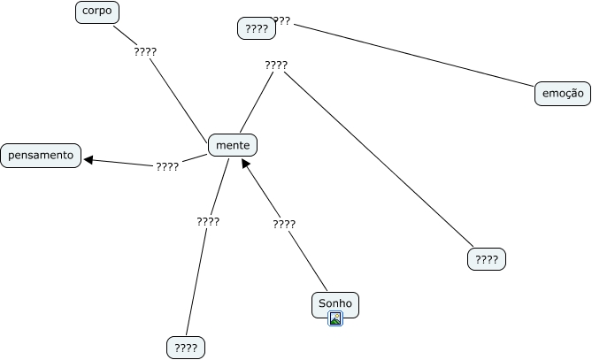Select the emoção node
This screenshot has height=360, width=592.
[562, 94]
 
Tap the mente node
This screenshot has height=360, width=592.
[233, 144]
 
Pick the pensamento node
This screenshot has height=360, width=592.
[41, 156]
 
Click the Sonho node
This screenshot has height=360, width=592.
[335, 303]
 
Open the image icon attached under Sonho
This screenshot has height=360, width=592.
[335, 319]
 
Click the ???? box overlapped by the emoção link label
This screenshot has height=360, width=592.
[256, 29]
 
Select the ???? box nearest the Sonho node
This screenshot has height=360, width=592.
[486, 259]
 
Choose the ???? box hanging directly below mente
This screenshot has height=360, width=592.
[185, 348]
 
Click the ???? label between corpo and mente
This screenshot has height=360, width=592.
[145, 51]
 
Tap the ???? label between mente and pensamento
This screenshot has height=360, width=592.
[167, 166]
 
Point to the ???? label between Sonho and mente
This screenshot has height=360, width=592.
[284, 224]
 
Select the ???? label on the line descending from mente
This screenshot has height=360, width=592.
[208, 221]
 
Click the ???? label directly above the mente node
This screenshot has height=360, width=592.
[276, 65]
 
